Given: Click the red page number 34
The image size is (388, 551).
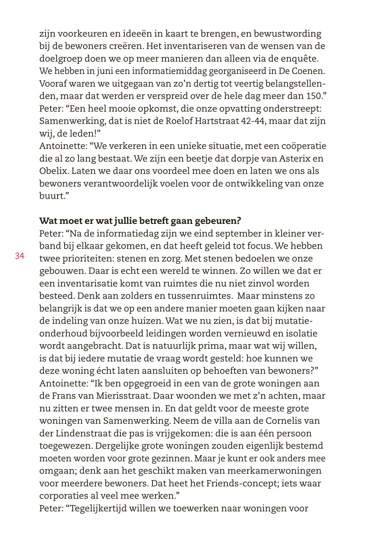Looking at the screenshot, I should [x=19, y=256].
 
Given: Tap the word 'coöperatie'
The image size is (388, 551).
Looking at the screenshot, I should [x=304, y=146].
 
